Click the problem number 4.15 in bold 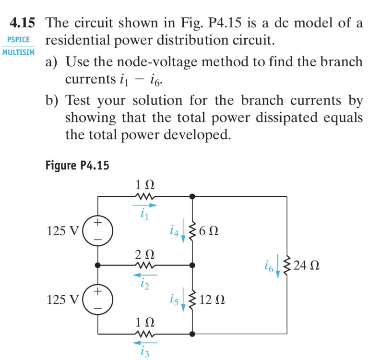click(x=24, y=23)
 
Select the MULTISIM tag click(x=18, y=52)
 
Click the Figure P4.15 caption click(x=77, y=166)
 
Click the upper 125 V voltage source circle click(x=98, y=230)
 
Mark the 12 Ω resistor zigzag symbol click(x=192, y=300)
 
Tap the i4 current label click(x=175, y=231)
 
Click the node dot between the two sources click(x=98, y=264)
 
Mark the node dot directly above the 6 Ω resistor click(x=192, y=196)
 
